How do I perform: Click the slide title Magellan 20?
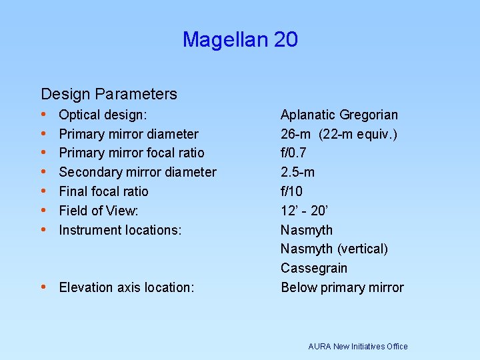(240, 40)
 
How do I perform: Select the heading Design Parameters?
(109, 94)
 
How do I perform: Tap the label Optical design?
(103, 115)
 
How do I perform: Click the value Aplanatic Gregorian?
(339, 115)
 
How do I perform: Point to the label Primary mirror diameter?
(129, 135)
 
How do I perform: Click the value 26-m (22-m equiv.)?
(339, 135)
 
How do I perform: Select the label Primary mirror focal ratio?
(131, 153)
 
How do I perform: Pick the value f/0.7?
(293, 153)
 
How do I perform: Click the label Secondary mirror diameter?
(137, 173)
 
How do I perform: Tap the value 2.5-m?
(297, 173)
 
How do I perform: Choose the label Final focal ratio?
(103, 192)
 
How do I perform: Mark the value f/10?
(291, 192)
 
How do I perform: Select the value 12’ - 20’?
(305, 211)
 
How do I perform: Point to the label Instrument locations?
(120, 230)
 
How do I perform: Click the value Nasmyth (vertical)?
(334, 249)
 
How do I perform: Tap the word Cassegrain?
(313, 269)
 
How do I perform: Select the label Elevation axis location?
(127, 287)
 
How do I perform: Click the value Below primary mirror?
(342, 287)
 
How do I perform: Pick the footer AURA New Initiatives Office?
(357, 346)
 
